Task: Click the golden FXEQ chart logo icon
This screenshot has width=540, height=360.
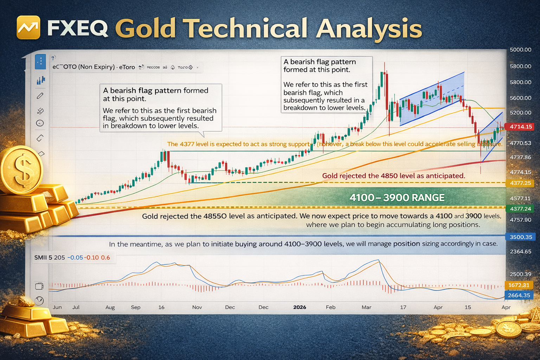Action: pyautogui.click(x=28, y=27)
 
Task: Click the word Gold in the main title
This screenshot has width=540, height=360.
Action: pyautogui.click(x=146, y=28)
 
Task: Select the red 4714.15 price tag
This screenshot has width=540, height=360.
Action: pyautogui.click(x=519, y=127)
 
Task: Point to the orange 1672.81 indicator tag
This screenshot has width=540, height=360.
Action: pyautogui.click(x=519, y=285)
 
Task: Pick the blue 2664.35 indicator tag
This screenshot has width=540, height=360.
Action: pyautogui.click(x=519, y=295)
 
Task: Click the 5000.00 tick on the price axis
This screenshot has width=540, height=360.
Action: pyautogui.click(x=520, y=50)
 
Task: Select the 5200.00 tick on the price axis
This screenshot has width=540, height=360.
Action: pyautogui.click(x=520, y=113)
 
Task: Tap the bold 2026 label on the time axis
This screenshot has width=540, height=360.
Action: pyautogui.click(x=300, y=307)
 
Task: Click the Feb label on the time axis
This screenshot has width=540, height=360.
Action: pyautogui.click(x=330, y=307)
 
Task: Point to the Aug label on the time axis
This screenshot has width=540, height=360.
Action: pyautogui.click(x=110, y=307)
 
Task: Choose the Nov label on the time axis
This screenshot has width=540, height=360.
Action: pyautogui.click(x=197, y=307)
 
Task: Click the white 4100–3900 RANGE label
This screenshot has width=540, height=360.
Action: pyautogui.click(x=397, y=198)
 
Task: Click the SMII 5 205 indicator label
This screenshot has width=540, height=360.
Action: pyautogui.click(x=50, y=258)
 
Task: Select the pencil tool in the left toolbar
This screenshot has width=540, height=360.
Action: pyautogui.click(x=40, y=96)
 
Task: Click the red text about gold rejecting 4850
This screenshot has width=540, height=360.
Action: pyautogui.click(x=393, y=176)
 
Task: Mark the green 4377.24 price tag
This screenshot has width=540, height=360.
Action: pyautogui.click(x=520, y=209)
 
